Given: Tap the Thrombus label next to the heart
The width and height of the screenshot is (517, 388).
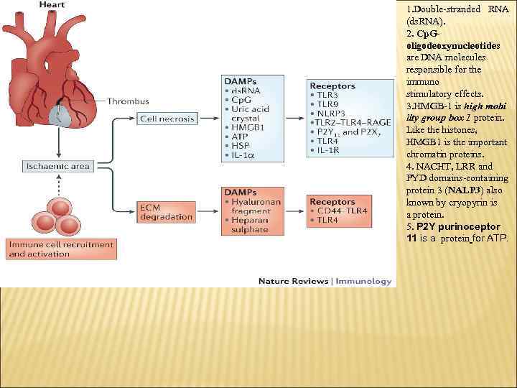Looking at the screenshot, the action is pyautogui.click(x=129, y=101).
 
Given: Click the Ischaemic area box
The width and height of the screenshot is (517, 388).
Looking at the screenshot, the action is pyautogui.click(x=57, y=166).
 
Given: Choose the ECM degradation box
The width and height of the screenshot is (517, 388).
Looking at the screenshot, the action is pyautogui.click(x=166, y=212).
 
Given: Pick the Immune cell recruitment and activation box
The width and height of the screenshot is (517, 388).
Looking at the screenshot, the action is pyautogui.click(x=61, y=249).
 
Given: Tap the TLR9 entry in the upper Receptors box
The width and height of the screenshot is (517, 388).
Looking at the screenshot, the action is pyautogui.click(x=327, y=104).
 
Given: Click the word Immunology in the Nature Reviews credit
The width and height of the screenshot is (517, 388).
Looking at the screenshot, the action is pyautogui.click(x=367, y=281).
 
